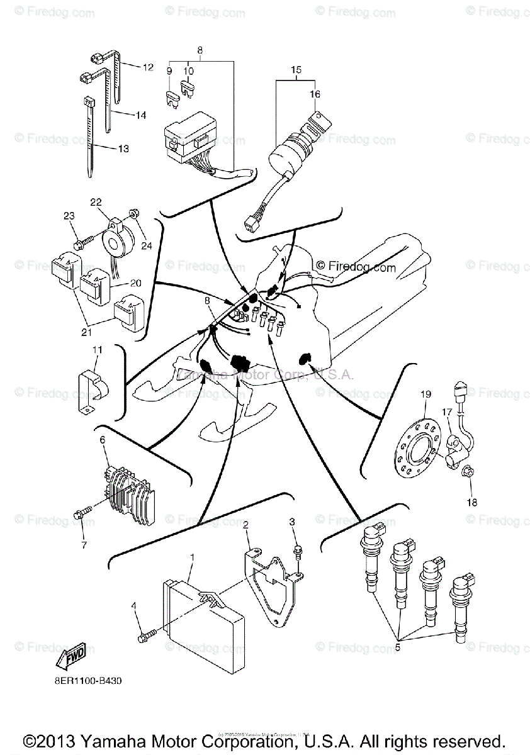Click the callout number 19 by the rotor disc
[x=426, y=394]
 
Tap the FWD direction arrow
[x=70, y=656]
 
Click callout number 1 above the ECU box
[x=191, y=557]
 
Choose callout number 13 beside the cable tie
[x=122, y=148]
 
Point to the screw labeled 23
[x=81, y=240]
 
